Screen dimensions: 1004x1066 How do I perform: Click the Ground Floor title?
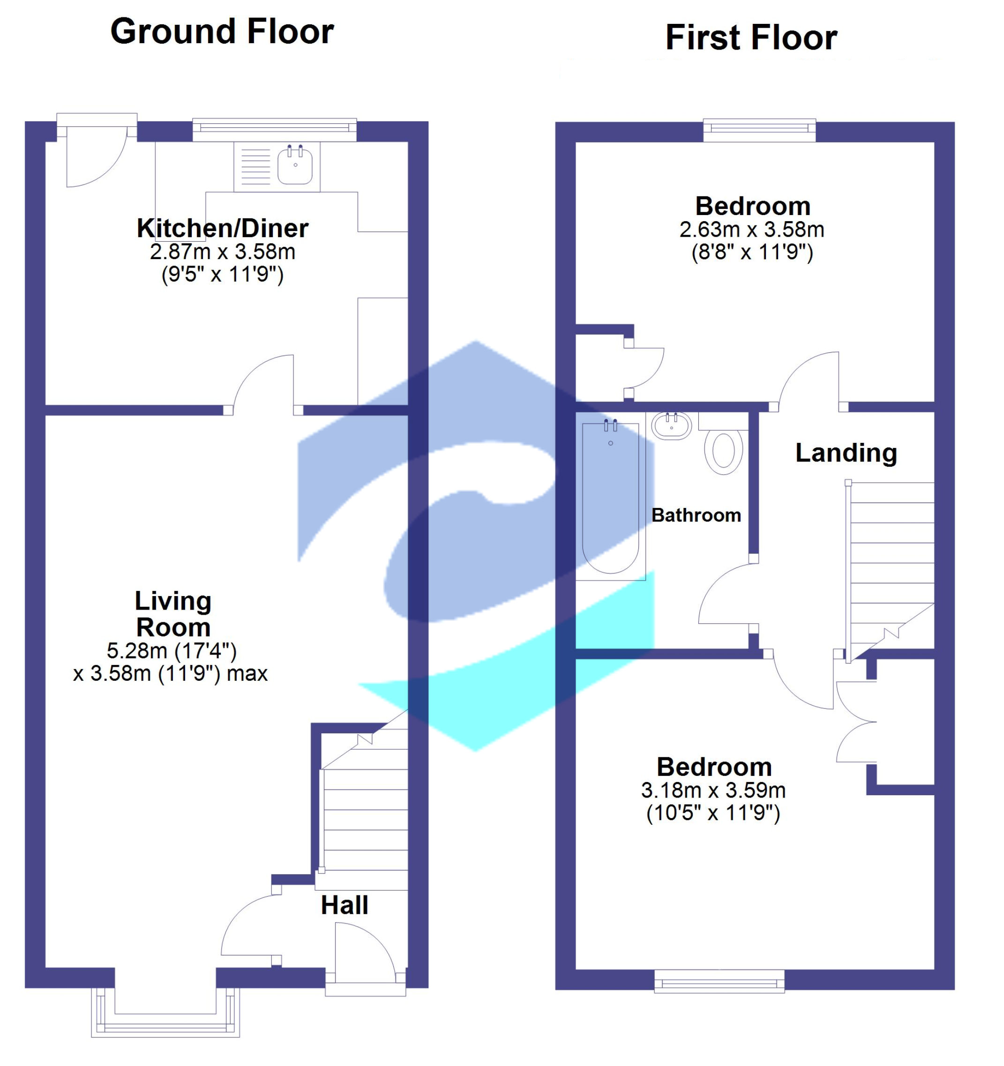(222, 32)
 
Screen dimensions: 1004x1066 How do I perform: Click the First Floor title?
(751, 38)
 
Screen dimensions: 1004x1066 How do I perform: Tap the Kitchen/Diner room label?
(222, 229)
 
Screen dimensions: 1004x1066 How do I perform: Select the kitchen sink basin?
(295, 165)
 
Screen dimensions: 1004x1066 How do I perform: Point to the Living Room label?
(172, 614)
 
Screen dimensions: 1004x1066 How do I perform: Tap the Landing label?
(846, 453)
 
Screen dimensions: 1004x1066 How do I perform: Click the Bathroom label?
(696, 515)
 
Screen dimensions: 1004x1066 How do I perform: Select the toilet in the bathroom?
(724, 452)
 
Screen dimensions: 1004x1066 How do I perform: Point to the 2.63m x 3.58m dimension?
(751, 230)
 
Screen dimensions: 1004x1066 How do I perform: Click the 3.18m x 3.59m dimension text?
(713, 790)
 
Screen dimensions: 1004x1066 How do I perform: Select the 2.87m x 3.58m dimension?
(222, 252)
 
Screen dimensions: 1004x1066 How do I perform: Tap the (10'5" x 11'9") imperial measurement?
(713, 813)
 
